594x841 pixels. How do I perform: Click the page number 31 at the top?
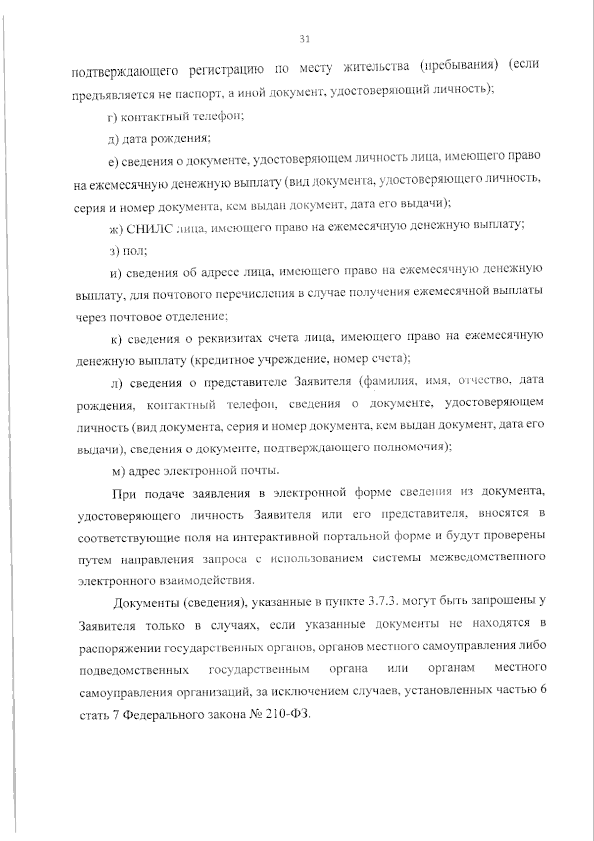(x=304, y=40)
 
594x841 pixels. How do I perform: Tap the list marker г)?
(x=113, y=117)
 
